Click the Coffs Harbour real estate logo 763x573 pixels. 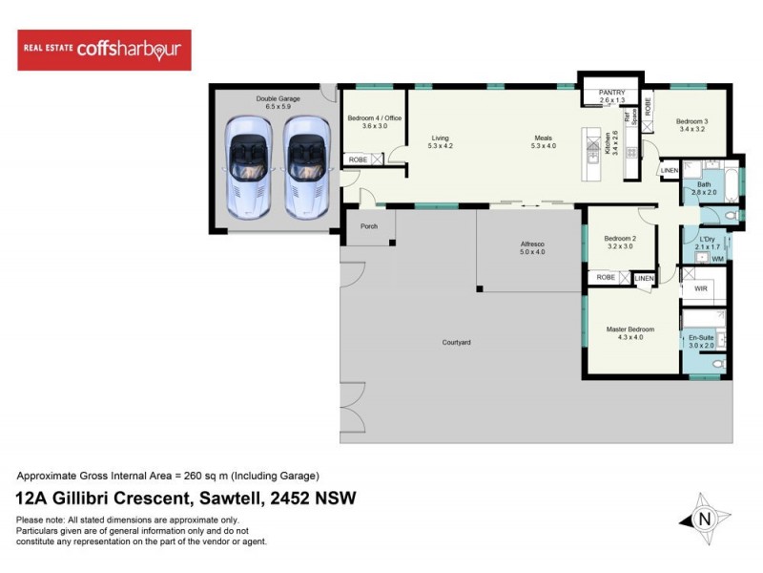click(x=104, y=50)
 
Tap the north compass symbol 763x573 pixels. click(x=705, y=519)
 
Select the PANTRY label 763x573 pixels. click(x=612, y=92)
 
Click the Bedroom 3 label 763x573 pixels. click(x=691, y=121)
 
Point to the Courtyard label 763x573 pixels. click(x=456, y=342)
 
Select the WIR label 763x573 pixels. click(x=700, y=287)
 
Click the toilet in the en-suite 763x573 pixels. click(x=718, y=363)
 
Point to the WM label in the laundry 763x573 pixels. click(x=717, y=259)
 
